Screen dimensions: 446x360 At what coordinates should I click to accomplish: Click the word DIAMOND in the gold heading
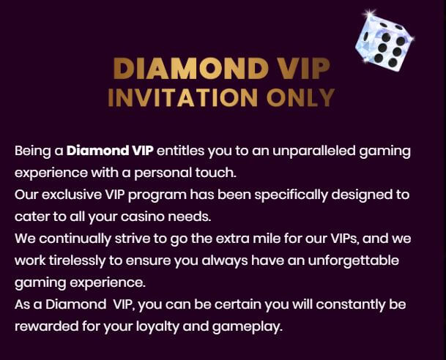(x=190, y=68)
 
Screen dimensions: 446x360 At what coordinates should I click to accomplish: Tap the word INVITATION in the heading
(x=183, y=97)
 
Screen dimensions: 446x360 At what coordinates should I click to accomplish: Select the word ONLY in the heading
(x=300, y=97)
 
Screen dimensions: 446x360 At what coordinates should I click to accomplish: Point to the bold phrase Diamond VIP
(x=110, y=151)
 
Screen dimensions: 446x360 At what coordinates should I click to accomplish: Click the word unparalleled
(x=314, y=151)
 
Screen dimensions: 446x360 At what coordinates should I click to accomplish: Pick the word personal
(x=163, y=173)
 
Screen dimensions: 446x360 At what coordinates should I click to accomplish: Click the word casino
(x=143, y=217)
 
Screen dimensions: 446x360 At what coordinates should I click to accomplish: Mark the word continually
(x=75, y=239)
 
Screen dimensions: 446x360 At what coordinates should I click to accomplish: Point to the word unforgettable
(x=353, y=260)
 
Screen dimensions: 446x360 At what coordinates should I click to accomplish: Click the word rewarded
(x=46, y=327)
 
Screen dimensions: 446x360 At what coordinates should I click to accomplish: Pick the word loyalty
(x=157, y=327)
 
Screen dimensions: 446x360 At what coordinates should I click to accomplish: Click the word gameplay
(x=248, y=327)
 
